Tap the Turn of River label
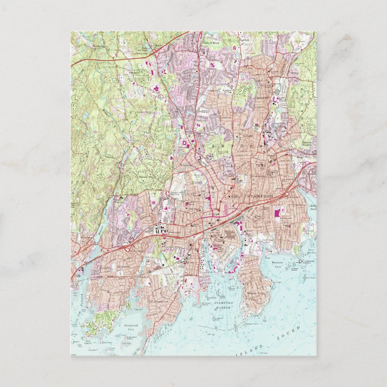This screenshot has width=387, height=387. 211,43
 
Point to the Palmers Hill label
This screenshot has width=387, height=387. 146,176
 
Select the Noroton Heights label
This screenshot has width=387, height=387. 307,144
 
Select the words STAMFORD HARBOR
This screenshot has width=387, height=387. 223,305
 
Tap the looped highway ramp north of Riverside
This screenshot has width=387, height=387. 126,248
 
